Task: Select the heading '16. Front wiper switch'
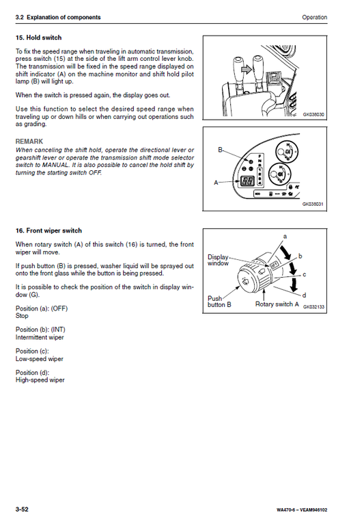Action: (48, 231)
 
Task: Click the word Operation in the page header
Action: (313, 17)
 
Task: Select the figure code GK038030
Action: (313, 115)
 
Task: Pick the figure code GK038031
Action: (313, 204)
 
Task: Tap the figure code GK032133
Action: (313, 307)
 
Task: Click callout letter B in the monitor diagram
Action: (220, 149)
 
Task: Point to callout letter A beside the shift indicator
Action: (218, 183)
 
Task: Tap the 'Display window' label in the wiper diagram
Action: (219, 261)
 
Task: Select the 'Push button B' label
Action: (219, 302)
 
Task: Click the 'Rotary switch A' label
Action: (277, 304)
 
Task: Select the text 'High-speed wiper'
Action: (40, 380)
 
